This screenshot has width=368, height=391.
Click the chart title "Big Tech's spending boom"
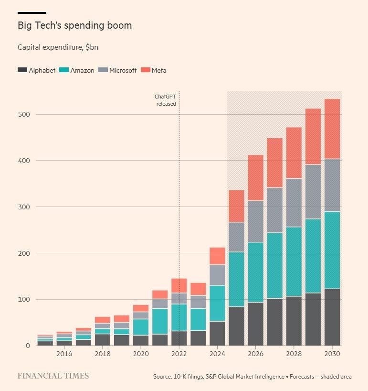[74, 25]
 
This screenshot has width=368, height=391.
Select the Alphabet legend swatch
[22, 70]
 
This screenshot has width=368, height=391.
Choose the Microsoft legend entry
[117, 70]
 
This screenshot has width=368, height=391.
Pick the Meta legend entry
[153, 70]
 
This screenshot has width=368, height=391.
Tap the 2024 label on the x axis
[217, 354]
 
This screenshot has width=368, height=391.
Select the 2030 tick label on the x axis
[332, 354]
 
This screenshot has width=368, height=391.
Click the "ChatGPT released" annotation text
[165, 100]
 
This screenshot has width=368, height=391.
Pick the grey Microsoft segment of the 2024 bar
[217, 275]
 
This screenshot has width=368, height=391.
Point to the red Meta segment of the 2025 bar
[236, 206]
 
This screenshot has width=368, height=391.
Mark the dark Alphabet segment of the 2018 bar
[102, 339]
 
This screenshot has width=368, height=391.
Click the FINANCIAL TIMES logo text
[53, 376]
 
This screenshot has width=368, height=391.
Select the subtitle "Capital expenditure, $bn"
[58, 47]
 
